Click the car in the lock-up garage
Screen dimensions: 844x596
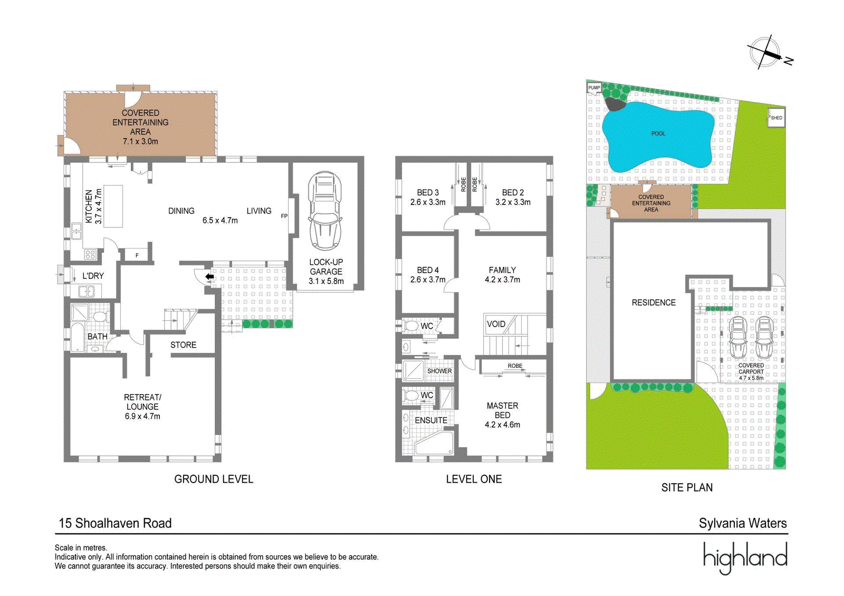[x=325, y=211]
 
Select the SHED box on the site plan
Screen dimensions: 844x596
[x=776, y=118]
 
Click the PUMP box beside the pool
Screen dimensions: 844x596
[x=594, y=87]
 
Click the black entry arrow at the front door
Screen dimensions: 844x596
[x=209, y=277]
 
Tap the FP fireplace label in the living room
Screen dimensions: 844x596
[x=284, y=216]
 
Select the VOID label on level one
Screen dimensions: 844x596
[x=496, y=324]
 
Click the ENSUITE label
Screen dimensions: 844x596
[x=431, y=420]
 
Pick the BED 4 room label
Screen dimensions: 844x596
[x=428, y=270]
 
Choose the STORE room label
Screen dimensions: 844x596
[x=183, y=345]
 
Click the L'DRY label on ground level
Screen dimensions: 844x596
[x=93, y=276]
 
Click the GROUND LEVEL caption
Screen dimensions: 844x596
[x=214, y=480]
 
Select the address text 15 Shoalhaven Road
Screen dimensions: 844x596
[x=116, y=523]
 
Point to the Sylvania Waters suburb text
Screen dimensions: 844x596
[x=743, y=523]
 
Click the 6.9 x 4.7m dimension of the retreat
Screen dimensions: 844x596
[x=142, y=416]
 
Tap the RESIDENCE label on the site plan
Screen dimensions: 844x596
[x=654, y=302]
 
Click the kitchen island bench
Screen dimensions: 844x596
[x=113, y=206]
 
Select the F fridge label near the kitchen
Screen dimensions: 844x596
[x=137, y=256]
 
